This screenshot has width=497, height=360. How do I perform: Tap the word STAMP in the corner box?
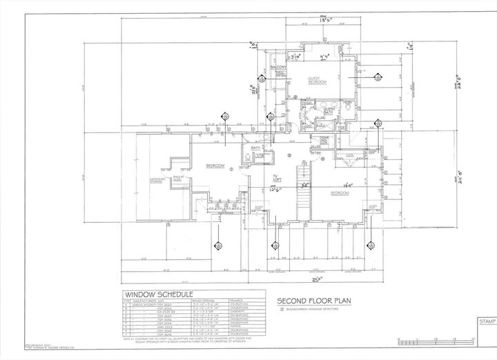tap(483, 321)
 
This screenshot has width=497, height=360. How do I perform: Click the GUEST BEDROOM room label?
tap(318, 81)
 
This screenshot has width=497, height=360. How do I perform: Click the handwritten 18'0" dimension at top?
tap(317, 22)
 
